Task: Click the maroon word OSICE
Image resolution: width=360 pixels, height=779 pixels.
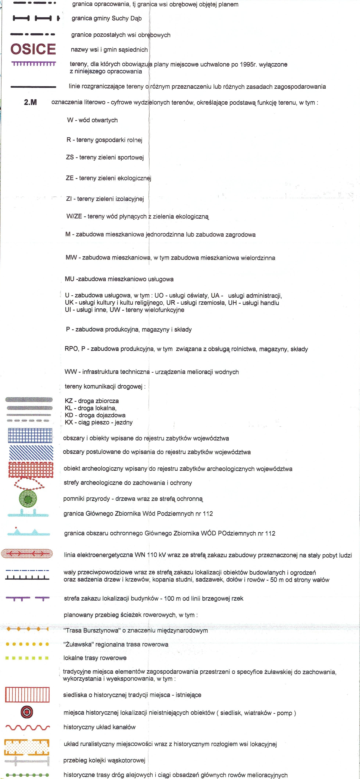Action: [x=33, y=49]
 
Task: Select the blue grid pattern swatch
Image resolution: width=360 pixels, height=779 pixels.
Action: [x=30, y=435]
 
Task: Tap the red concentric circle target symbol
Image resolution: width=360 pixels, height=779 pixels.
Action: [x=27, y=712]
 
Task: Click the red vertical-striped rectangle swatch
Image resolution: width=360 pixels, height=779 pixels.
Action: [x=27, y=695]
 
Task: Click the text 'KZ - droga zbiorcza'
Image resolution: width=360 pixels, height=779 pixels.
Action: [x=92, y=401]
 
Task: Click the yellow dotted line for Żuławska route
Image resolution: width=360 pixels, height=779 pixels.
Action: [x=27, y=644]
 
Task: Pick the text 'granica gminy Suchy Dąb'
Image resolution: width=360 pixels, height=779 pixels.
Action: [x=106, y=18]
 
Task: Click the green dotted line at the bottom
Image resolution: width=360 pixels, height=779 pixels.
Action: [x=27, y=775]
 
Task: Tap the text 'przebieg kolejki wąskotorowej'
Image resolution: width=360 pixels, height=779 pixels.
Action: [x=104, y=760]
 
